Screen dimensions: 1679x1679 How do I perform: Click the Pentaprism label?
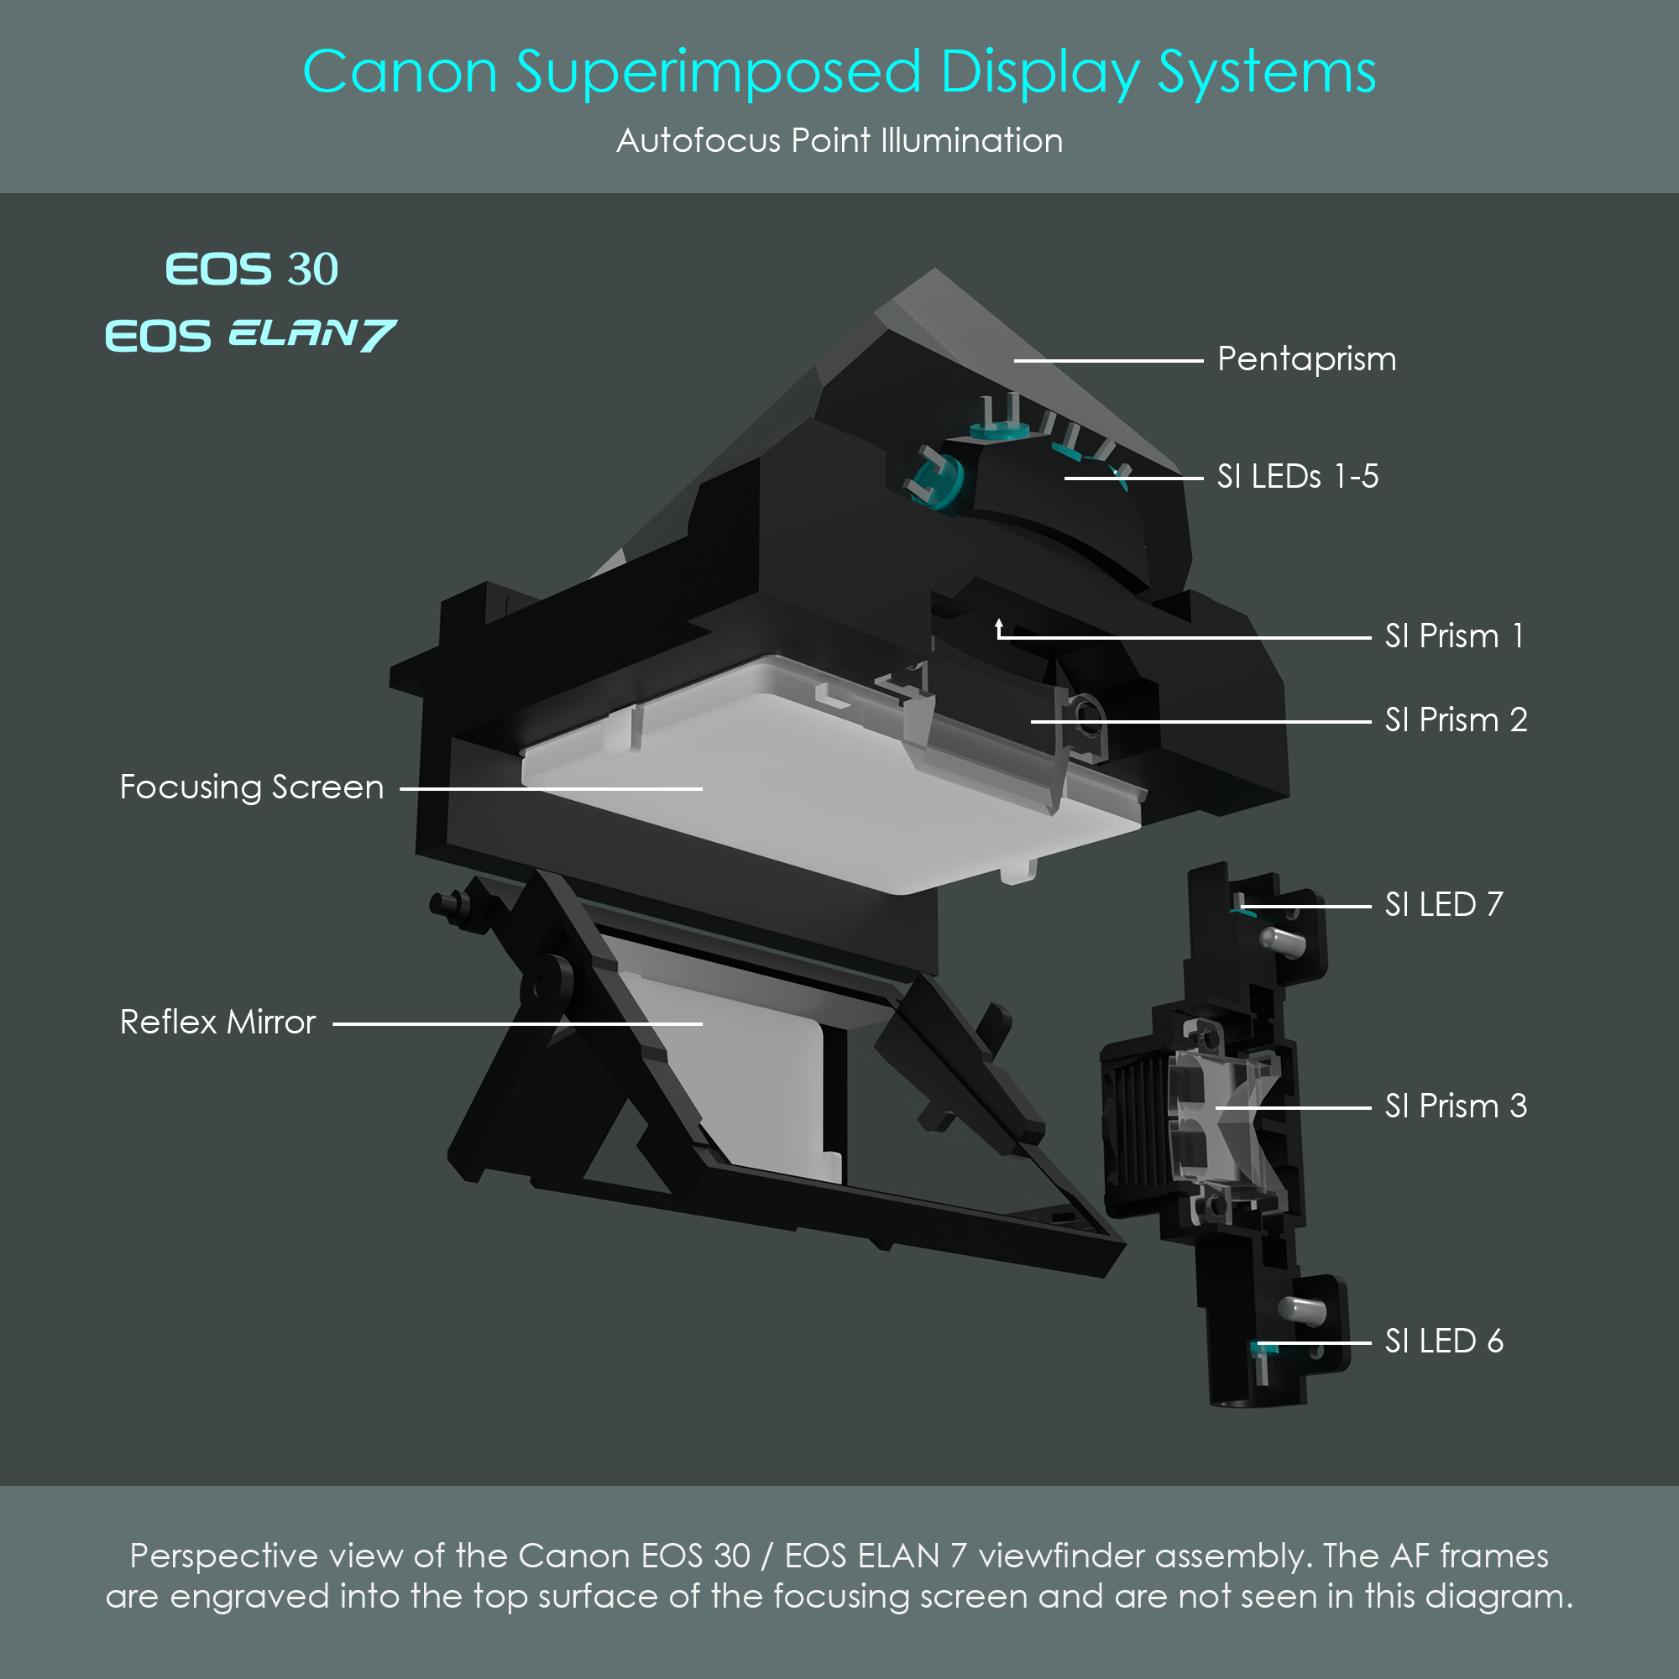click(1306, 359)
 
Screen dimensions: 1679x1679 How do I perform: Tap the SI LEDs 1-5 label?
click(1298, 476)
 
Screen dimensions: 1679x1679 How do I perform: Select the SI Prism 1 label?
click(1454, 636)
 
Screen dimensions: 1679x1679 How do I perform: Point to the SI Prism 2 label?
click(1456, 719)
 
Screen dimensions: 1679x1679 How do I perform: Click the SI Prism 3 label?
click(1456, 1106)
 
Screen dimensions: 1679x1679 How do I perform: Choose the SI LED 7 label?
click(1443, 905)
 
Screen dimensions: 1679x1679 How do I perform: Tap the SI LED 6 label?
click(1443, 1341)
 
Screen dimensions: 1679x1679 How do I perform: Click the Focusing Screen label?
click(251, 787)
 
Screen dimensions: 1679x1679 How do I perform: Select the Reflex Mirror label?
click(217, 1022)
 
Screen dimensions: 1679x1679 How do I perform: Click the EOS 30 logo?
click(251, 269)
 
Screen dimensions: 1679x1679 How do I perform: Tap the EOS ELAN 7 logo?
click(250, 336)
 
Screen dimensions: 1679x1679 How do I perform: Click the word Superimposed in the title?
click(718, 71)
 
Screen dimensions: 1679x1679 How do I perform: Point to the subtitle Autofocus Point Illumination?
click(839, 141)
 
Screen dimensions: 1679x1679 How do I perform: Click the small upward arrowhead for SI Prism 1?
click(999, 623)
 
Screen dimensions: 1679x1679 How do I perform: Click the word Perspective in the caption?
click(223, 1556)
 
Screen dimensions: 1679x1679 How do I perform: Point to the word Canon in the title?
click(400, 71)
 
